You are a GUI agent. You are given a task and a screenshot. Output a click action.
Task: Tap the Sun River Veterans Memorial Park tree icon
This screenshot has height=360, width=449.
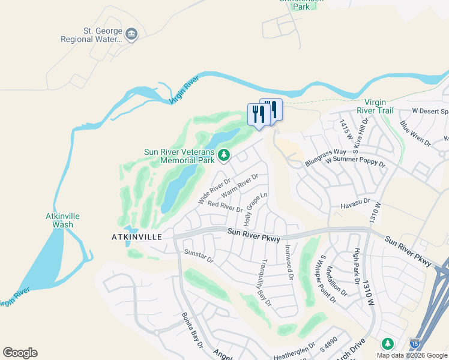pyautogui.click(x=224, y=156)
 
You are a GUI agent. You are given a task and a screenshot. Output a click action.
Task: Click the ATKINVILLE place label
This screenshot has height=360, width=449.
pyautogui.click(x=137, y=237)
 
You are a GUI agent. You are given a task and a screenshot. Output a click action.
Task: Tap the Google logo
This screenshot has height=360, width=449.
pyautogui.click(x=20, y=353)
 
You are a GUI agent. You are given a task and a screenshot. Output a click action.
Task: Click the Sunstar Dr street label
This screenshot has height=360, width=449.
pyautogui.click(x=199, y=256)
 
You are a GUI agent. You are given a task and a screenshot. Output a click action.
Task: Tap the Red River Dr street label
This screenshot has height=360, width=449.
pyautogui.click(x=224, y=206)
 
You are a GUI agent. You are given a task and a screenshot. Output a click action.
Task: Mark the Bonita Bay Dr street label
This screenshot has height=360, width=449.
pyautogui.click(x=192, y=331)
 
